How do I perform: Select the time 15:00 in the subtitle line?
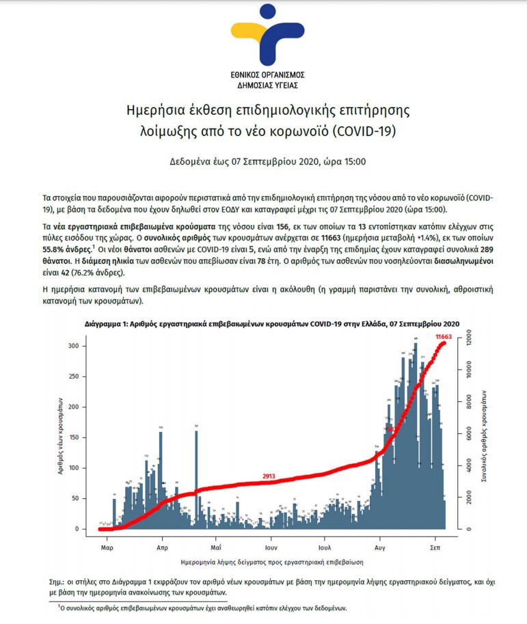tap(353, 162)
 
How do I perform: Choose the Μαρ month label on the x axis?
tap(106, 547)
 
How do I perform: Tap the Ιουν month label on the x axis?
tap(271, 547)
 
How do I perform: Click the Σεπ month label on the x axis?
tap(434, 547)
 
